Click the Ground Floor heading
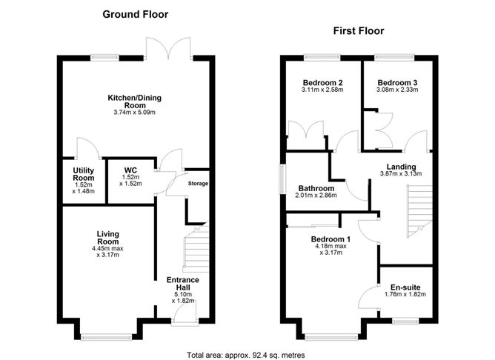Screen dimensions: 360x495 pos(135,14)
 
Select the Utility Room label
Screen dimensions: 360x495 pos(82,175)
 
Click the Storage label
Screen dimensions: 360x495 pos(198,183)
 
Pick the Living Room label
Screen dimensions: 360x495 pos(108,238)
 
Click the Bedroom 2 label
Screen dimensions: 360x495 pos(322,82)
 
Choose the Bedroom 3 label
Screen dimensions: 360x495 pos(397,82)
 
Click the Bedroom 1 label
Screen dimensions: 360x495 pos(330,239)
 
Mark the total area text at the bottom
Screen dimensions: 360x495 pos(247,353)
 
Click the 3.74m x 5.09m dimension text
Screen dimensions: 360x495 pos(135,113)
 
